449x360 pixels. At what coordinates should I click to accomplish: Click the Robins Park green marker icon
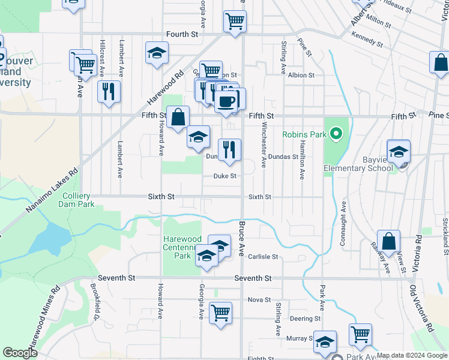(336, 133)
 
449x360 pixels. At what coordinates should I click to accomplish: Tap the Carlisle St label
(263, 257)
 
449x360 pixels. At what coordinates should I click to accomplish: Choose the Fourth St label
(182, 35)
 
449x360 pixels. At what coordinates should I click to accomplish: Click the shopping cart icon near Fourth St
(235, 22)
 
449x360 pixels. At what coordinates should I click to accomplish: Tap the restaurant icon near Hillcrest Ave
(109, 92)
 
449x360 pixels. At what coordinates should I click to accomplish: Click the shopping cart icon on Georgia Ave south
(220, 313)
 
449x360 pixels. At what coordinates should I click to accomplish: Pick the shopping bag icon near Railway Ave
(389, 241)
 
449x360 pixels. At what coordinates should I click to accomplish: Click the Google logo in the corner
(20, 353)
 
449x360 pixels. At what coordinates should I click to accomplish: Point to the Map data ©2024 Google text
(412, 355)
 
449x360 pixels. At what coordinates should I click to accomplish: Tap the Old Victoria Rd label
(423, 308)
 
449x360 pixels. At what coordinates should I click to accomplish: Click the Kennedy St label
(368, 40)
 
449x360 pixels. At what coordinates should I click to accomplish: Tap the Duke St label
(225, 176)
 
